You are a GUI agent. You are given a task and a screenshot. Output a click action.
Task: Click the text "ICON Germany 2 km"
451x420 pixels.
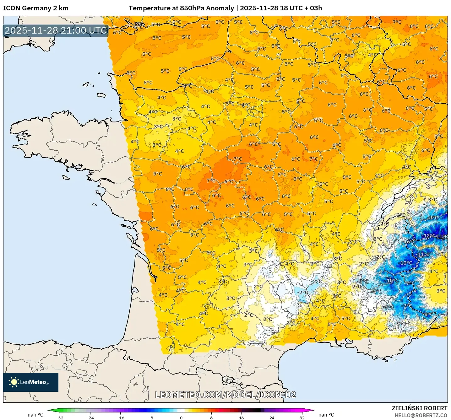(x=36, y=8)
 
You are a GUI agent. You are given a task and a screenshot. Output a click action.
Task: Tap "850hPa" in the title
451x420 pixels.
(x=191, y=8)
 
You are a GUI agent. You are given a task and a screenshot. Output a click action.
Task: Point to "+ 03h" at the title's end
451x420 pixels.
(x=313, y=8)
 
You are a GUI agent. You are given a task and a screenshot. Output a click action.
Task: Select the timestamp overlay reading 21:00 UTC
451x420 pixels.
(x=56, y=30)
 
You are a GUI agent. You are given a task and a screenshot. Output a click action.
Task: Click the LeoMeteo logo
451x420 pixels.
(x=31, y=382)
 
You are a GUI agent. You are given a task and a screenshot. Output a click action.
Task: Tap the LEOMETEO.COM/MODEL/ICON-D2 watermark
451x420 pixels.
(x=225, y=395)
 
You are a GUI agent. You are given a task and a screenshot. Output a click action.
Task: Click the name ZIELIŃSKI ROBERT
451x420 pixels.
(x=420, y=408)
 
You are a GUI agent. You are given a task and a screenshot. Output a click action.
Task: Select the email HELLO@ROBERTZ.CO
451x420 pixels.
(x=421, y=415)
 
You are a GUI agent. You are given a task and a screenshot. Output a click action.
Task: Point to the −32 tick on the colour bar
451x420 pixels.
(x=60, y=417)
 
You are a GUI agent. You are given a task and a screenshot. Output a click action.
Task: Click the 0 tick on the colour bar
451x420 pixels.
(x=181, y=417)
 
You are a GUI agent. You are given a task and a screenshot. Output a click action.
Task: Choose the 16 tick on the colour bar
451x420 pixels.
(x=241, y=417)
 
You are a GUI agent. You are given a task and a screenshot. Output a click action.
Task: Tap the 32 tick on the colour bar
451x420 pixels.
(x=302, y=417)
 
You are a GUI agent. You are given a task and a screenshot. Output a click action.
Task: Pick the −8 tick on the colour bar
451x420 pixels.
(x=151, y=417)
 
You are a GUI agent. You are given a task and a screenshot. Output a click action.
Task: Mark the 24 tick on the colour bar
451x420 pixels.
(x=272, y=417)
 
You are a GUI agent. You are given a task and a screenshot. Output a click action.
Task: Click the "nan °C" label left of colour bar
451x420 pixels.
(x=35, y=415)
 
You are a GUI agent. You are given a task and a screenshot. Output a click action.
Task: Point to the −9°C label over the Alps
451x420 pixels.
(x=432, y=218)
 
